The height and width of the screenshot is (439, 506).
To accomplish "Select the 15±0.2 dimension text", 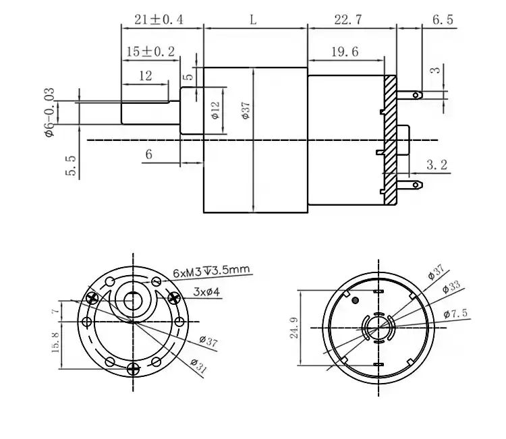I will (150, 51).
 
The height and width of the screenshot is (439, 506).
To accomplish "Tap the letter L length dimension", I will (253, 20).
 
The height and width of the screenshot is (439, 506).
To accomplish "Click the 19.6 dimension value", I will (345, 51).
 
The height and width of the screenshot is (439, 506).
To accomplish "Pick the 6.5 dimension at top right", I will (442, 20).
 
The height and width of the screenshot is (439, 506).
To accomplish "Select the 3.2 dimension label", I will (439, 164).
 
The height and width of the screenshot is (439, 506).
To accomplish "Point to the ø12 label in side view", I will (215, 110).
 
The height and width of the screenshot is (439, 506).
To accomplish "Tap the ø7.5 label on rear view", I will (457, 314).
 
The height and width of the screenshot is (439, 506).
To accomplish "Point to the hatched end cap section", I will (389, 138).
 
